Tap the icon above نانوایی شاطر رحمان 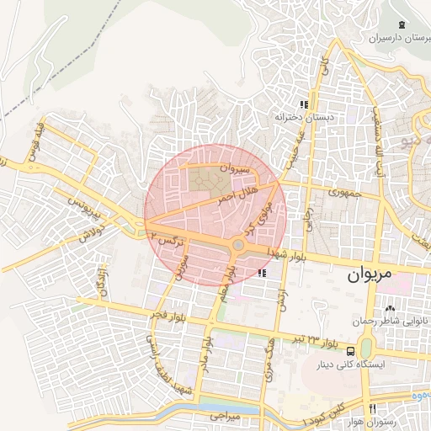coord(390,308)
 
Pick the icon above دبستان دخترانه coord(304,105)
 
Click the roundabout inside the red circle coord(239,246)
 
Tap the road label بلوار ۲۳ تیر coord(316,340)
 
